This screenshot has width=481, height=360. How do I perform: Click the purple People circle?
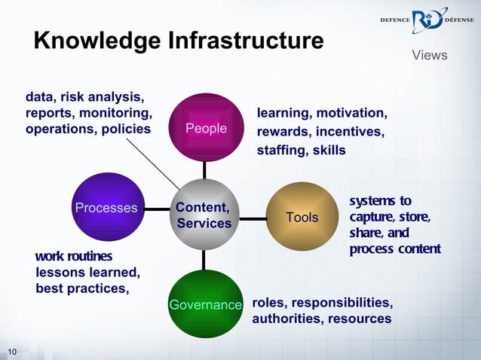point(206,127)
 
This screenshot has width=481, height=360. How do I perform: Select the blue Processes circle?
point(106,207)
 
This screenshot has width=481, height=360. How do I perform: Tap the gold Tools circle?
point(302,217)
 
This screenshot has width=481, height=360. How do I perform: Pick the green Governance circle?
point(204,304)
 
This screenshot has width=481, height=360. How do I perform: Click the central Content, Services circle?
point(204,215)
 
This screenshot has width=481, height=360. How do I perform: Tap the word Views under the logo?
point(430,56)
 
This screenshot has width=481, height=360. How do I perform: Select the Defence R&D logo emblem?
point(427,22)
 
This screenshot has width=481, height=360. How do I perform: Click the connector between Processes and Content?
point(157,209)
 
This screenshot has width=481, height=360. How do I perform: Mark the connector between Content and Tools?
point(253,218)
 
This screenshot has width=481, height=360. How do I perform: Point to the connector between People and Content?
point(204,170)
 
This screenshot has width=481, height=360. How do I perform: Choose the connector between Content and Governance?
point(204,261)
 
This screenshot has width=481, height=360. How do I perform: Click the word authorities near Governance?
point(283,319)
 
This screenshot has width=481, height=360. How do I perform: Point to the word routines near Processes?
point(89,257)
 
